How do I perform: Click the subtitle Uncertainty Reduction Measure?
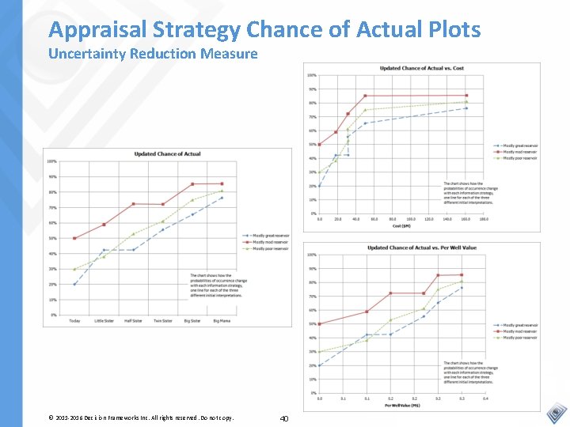(x=153, y=54)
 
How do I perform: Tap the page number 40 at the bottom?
(x=285, y=418)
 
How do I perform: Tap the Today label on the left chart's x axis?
(x=74, y=320)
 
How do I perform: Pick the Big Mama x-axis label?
(x=222, y=320)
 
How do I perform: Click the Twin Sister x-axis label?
(x=162, y=320)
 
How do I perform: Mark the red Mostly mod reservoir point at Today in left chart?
(x=74, y=238)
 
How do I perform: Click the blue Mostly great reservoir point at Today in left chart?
(x=74, y=284)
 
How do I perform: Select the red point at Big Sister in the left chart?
(x=192, y=184)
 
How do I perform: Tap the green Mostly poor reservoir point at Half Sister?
(x=133, y=234)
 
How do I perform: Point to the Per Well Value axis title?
(x=401, y=405)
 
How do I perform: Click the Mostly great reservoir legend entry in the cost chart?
(x=519, y=145)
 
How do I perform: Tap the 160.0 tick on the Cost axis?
(x=465, y=219)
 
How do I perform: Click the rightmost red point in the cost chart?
(x=466, y=96)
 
